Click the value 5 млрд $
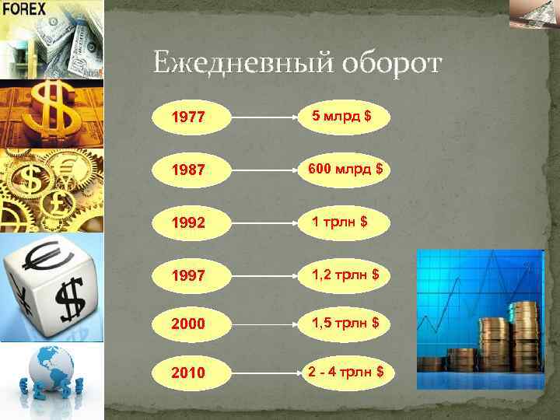(x=341, y=117)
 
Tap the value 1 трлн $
(x=340, y=222)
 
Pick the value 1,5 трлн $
(x=346, y=322)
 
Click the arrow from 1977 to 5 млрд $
(x=264, y=120)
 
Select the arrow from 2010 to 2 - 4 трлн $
(x=264, y=373)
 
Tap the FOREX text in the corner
(x=24, y=9)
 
